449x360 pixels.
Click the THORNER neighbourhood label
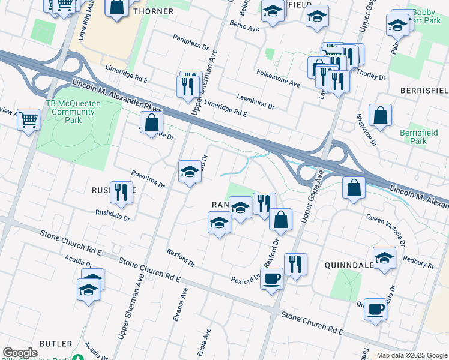[153, 11]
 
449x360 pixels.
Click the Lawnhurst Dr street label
[255, 100]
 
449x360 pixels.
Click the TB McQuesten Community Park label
[73, 112]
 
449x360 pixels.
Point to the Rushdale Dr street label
[113, 215]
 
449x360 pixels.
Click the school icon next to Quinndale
[384, 257]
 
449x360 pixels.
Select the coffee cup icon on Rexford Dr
[271, 278]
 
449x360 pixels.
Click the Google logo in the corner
[20, 353]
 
